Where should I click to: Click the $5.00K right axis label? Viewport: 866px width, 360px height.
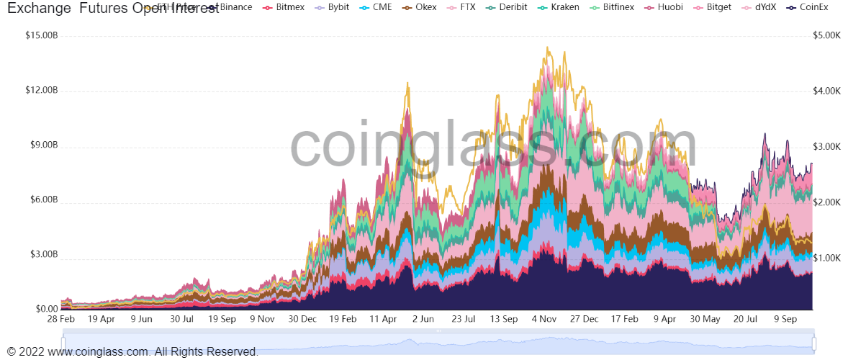(827, 35)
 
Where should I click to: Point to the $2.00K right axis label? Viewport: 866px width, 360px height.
(827, 202)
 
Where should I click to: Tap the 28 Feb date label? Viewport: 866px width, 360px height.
(61, 319)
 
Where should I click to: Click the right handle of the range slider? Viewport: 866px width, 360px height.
(815, 343)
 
